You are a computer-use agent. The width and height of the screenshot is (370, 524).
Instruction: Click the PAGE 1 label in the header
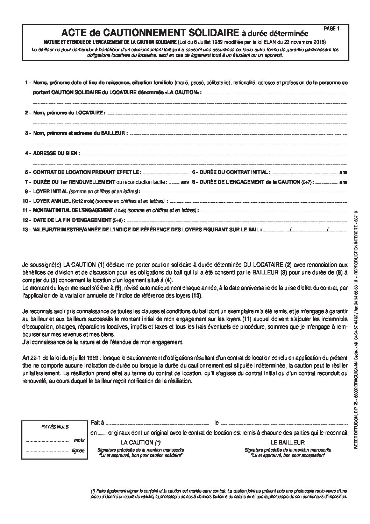click(332, 29)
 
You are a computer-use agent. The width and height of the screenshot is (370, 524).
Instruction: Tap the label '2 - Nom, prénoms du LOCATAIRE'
click(65, 113)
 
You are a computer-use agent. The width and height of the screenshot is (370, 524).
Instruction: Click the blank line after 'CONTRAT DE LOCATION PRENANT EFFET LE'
click(166, 173)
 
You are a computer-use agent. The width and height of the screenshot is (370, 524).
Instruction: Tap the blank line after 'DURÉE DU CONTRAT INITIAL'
click(305, 173)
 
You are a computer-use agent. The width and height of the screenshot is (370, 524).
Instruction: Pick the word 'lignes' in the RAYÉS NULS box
click(78, 450)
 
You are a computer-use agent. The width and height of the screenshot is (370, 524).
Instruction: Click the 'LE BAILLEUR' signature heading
click(287, 442)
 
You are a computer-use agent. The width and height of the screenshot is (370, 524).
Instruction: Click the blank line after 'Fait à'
click(157, 423)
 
